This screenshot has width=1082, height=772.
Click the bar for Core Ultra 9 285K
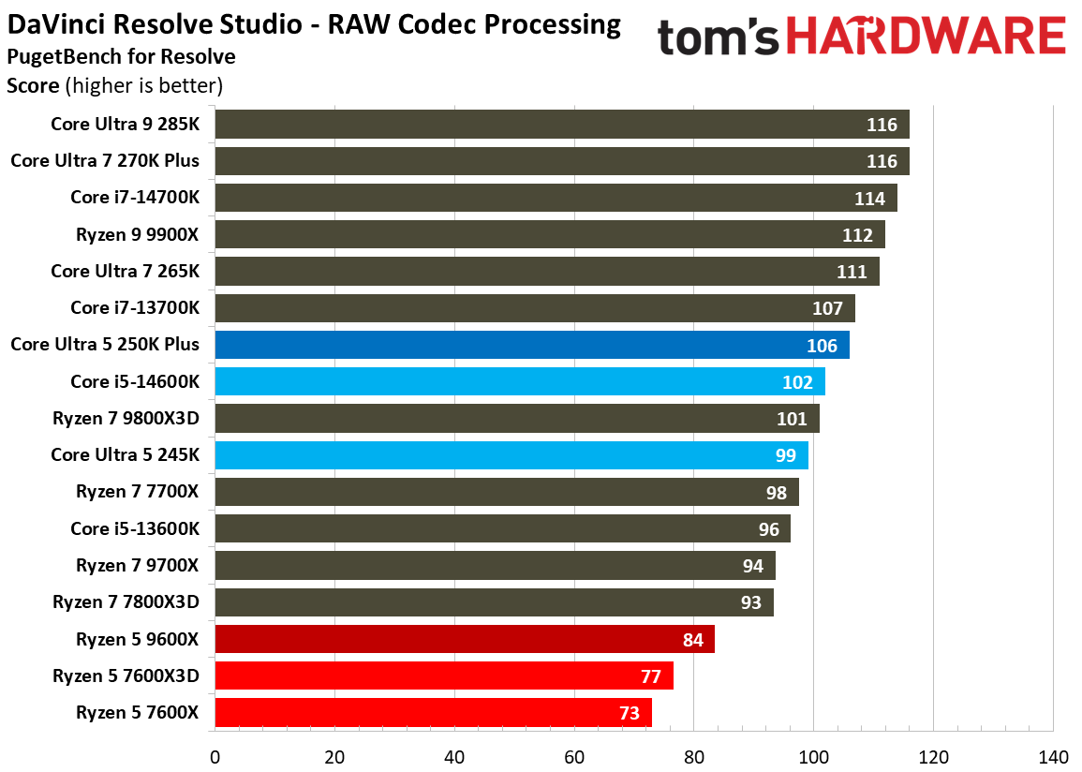[562, 124]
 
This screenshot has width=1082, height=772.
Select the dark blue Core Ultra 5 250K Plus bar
[532, 345]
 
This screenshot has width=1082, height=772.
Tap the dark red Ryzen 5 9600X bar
[465, 640]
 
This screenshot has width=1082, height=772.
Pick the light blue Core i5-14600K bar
[520, 381]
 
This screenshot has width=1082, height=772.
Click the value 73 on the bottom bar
[629, 713]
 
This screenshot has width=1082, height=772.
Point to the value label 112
[857, 235]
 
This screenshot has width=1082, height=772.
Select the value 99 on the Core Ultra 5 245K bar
[785, 455]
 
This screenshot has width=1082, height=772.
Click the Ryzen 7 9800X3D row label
[126, 418]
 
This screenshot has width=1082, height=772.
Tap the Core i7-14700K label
[134, 197]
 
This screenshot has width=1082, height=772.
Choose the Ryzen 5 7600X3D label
[126, 676]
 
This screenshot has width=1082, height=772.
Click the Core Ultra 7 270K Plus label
[105, 160]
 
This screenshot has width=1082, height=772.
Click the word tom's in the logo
[719, 37]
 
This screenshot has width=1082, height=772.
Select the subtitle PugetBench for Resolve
[121, 56]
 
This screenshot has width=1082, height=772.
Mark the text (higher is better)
[143, 86]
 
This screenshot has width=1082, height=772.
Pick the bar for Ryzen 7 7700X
[507, 492]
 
